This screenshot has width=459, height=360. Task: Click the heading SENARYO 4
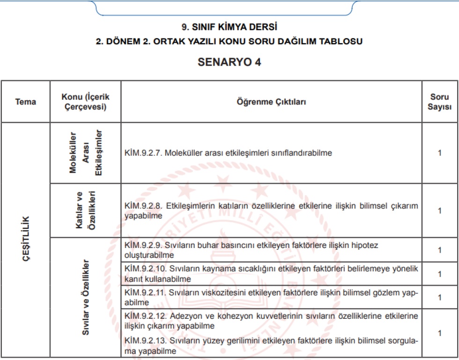click(229, 62)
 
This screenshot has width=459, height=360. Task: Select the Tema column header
click(25, 102)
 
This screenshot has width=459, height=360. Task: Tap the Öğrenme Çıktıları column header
click(271, 102)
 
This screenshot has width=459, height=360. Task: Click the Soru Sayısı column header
click(440, 102)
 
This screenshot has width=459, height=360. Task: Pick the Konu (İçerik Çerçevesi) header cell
click(85, 102)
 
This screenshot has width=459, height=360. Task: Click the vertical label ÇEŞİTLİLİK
click(26, 239)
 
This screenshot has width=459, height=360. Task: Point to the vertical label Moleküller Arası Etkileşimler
click(85, 153)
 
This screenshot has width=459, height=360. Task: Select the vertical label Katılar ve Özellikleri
click(85, 210)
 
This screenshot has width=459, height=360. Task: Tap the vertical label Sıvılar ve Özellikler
click(85, 296)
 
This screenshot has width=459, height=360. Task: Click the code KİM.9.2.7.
click(143, 153)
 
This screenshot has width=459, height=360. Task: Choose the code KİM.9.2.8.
click(143, 206)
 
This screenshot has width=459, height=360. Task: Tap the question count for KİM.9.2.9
click(440, 250)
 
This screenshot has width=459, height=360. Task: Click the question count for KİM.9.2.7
click(440, 153)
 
